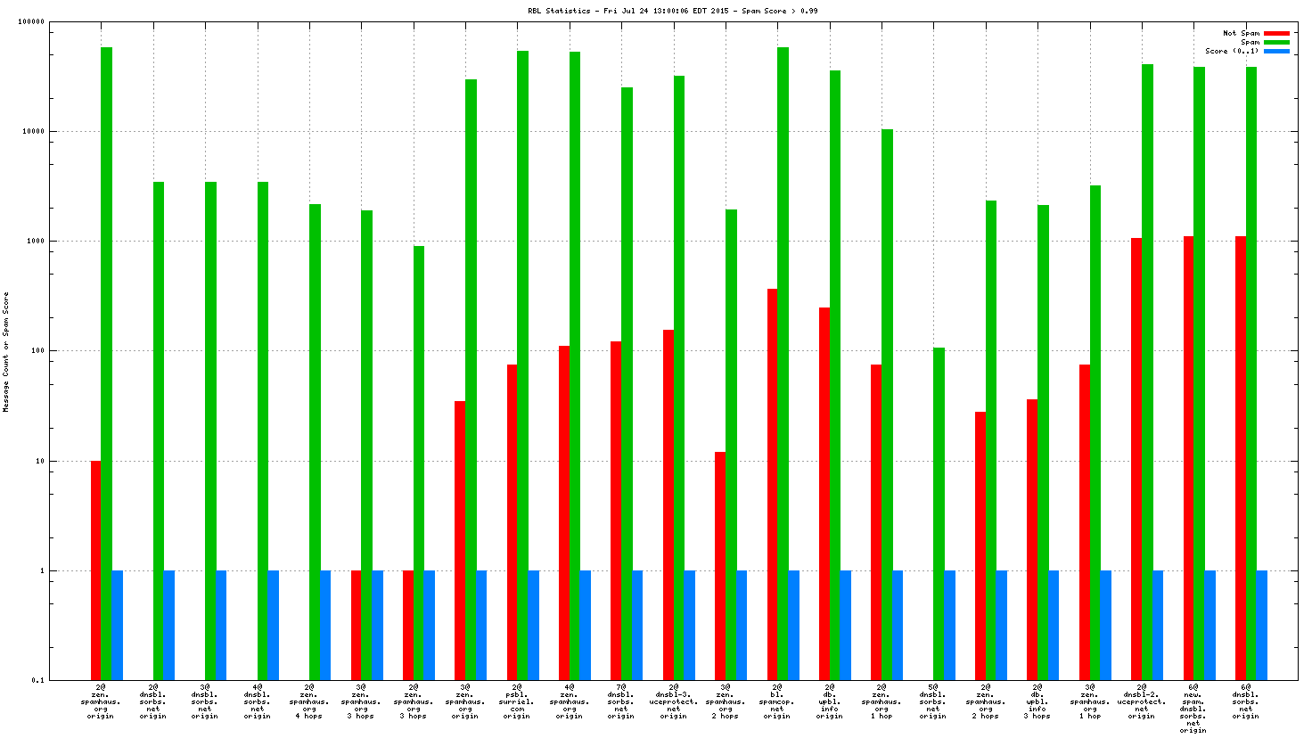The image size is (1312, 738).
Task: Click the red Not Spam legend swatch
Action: point(1276,33)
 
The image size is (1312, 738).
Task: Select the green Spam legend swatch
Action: point(1276,42)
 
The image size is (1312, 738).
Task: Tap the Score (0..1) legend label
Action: point(1232,51)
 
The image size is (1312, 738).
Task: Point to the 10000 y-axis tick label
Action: point(33,132)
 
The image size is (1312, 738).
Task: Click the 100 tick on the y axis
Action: point(37,351)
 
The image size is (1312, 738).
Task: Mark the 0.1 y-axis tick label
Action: point(37,680)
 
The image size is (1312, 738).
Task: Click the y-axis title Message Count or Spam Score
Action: point(6,352)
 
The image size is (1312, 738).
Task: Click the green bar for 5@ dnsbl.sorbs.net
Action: point(939,513)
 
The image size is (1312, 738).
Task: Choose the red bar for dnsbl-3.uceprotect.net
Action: point(668,504)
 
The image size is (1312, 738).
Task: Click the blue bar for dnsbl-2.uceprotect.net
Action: point(1158,625)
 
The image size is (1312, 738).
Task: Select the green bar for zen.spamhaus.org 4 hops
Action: point(315,442)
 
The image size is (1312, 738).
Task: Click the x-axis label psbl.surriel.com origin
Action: point(517,701)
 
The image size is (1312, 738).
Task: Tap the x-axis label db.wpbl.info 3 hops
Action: point(1037,701)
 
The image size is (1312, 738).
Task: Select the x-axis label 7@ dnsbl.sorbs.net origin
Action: point(621,701)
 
